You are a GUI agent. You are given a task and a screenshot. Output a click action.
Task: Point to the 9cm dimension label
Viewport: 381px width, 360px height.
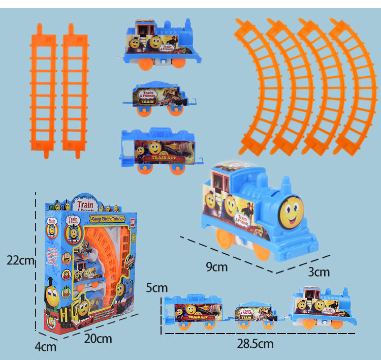pyautogui.click(x=217, y=266)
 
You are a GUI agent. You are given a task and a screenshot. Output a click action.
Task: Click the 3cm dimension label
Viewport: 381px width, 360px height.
pyautogui.click(x=319, y=272)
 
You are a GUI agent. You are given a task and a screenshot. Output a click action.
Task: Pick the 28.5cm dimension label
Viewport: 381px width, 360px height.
pyautogui.click(x=255, y=344)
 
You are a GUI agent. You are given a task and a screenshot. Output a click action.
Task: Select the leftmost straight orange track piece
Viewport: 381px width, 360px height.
pyautogui.click(x=43, y=86)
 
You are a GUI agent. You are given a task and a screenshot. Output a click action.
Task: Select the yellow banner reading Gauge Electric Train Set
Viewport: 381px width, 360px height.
pyautogui.click(x=109, y=218)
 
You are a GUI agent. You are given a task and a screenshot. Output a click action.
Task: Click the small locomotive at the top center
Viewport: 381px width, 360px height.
pyautogui.click(x=160, y=43)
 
